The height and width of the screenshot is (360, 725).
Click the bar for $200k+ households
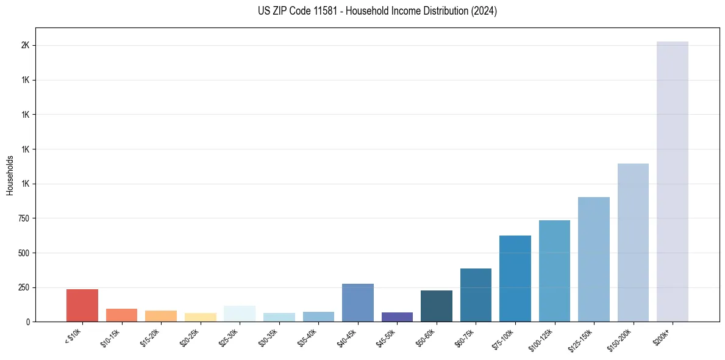(x=672, y=181)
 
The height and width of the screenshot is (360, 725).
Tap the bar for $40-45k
(x=358, y=303)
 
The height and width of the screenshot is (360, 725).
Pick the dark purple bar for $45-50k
(x=397, y=317)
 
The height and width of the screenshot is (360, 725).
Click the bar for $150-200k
(x=633, y=242)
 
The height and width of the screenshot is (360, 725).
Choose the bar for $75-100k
(x=515, y=278)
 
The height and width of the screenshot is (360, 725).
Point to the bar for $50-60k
(x=437, y=306)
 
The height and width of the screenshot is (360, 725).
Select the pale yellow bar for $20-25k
(x=201, y=317)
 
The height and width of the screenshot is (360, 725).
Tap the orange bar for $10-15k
(x=122, y=315)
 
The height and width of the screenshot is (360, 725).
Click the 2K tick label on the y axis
(x=25, y=46)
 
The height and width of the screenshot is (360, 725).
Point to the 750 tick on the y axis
(x=23, y=218)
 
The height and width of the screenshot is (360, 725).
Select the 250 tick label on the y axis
(x=23, y=287)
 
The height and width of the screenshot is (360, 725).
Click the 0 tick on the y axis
(x=27, y=322)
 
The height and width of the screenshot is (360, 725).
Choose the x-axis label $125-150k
(x=580, y=339)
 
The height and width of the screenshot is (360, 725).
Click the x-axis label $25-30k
(x=228, y=337)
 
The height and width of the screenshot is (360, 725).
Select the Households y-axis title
(x=10, y=175)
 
